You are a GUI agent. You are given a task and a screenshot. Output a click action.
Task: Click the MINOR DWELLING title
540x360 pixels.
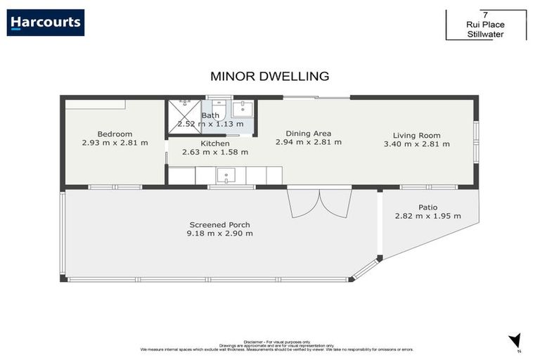(x=270, y=76)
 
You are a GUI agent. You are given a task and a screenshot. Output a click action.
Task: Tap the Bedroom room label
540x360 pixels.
(x=115, y=134)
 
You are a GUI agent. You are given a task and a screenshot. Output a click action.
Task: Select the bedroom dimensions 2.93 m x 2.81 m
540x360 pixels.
(x=115, y=143)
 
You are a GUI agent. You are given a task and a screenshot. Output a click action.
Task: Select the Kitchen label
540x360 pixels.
(x=215, y=143)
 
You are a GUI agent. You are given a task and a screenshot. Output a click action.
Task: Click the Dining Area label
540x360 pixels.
(x=308, y=133)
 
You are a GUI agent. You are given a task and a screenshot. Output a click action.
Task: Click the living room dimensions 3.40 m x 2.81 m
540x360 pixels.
(x=416, y=144)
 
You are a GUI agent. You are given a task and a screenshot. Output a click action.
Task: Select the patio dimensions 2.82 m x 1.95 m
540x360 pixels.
(x=428, y=216)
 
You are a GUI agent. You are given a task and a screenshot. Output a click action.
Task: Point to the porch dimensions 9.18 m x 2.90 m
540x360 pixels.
(x=220, y=233)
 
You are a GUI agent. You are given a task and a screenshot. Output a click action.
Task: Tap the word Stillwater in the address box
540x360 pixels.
(x=486, y=33)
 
